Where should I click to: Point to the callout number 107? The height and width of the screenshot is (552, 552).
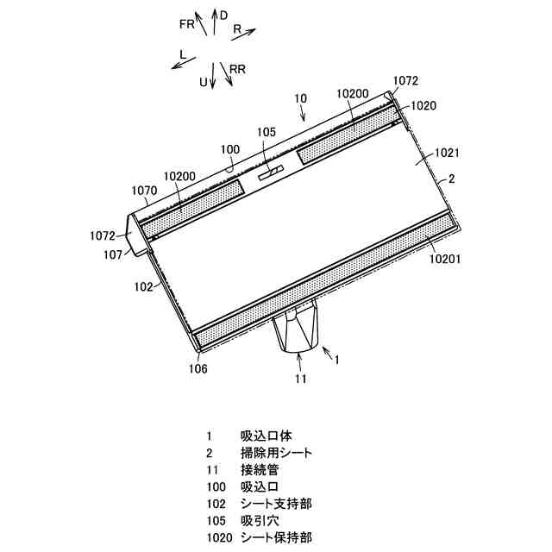(112, 254)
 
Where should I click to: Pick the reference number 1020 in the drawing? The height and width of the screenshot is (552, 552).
(424, 105)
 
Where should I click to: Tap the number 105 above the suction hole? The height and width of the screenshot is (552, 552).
(267, 132)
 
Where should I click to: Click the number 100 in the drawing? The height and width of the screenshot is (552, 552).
(230, 148)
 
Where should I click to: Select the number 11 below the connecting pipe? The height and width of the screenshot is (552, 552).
(300, 377)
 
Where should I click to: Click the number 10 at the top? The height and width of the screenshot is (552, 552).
(299, 99)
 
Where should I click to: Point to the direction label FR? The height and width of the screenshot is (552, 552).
(187, 24)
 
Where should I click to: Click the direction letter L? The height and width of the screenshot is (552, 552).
(183, 53)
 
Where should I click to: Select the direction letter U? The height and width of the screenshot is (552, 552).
(204, 82)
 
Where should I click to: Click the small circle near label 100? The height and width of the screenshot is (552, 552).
(229, 171)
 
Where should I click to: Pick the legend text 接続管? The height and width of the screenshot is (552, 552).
(260, 470)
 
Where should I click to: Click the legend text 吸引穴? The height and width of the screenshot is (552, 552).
(260, 520)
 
